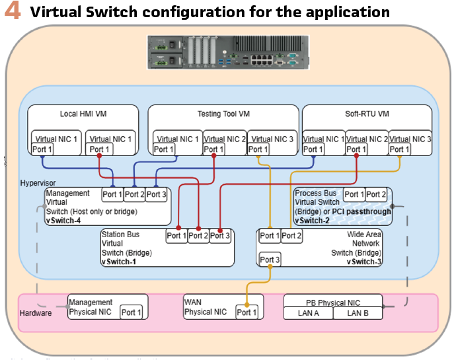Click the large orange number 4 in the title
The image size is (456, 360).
(x=13, y=12)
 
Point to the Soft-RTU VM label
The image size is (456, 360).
(x=367, y=114)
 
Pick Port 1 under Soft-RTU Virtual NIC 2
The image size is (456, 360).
(x=357, y=149)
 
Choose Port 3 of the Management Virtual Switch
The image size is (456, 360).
(x=157, y=194)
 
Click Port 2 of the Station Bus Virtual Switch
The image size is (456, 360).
(x=198, y=236)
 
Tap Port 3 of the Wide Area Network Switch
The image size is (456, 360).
(x=270, y=260)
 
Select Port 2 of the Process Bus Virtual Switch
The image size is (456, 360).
(x=377, y=194)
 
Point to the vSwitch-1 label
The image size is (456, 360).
(x=119, y=262)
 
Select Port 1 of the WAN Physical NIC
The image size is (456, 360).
(x=247, y=312)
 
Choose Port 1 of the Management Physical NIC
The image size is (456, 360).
(x=131, y=312)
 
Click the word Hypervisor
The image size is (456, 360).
(x=38, y=182)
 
